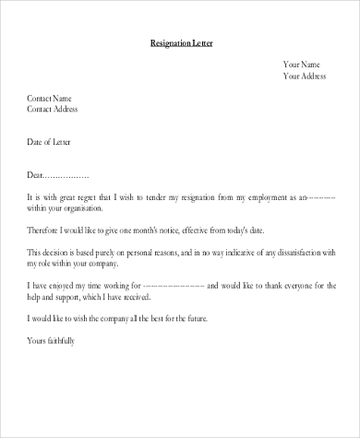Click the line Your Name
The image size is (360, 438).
[x=302, y=65]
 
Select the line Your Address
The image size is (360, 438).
[x=307, y=77]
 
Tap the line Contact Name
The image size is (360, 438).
[x=50, y=98]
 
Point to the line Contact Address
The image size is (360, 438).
[x=53, y=109]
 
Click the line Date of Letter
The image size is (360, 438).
[x=49, y=142]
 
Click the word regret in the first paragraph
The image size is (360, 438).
[x=96, y=197]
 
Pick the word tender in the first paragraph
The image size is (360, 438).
[x=175, y=197]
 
